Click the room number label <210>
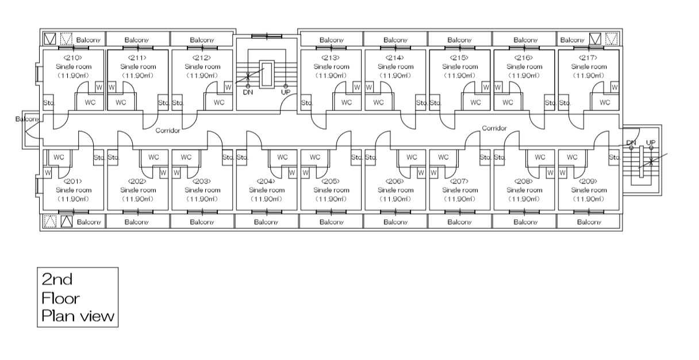click(73, 58)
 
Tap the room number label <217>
click(589, 58)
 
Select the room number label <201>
click(73, 181)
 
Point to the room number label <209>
click(589, 181)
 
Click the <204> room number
click(266, 181)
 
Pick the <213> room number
click(331, 58)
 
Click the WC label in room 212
click(219, 102)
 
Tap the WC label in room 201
click(59, 156)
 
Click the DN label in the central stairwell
click(248, 92)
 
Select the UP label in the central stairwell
click(285, 92)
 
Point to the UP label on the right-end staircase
click(651, 143)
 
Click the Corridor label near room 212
click(168, 131)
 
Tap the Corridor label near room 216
click(494, 128)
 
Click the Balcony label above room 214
click(395, 40)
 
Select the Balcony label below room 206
click(395, 222)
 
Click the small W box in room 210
click(98, 87)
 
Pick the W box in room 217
click(614, 87)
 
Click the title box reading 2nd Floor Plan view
click(78, 297)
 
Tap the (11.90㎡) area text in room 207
click(459, 199)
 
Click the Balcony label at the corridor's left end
click(27, 119)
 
